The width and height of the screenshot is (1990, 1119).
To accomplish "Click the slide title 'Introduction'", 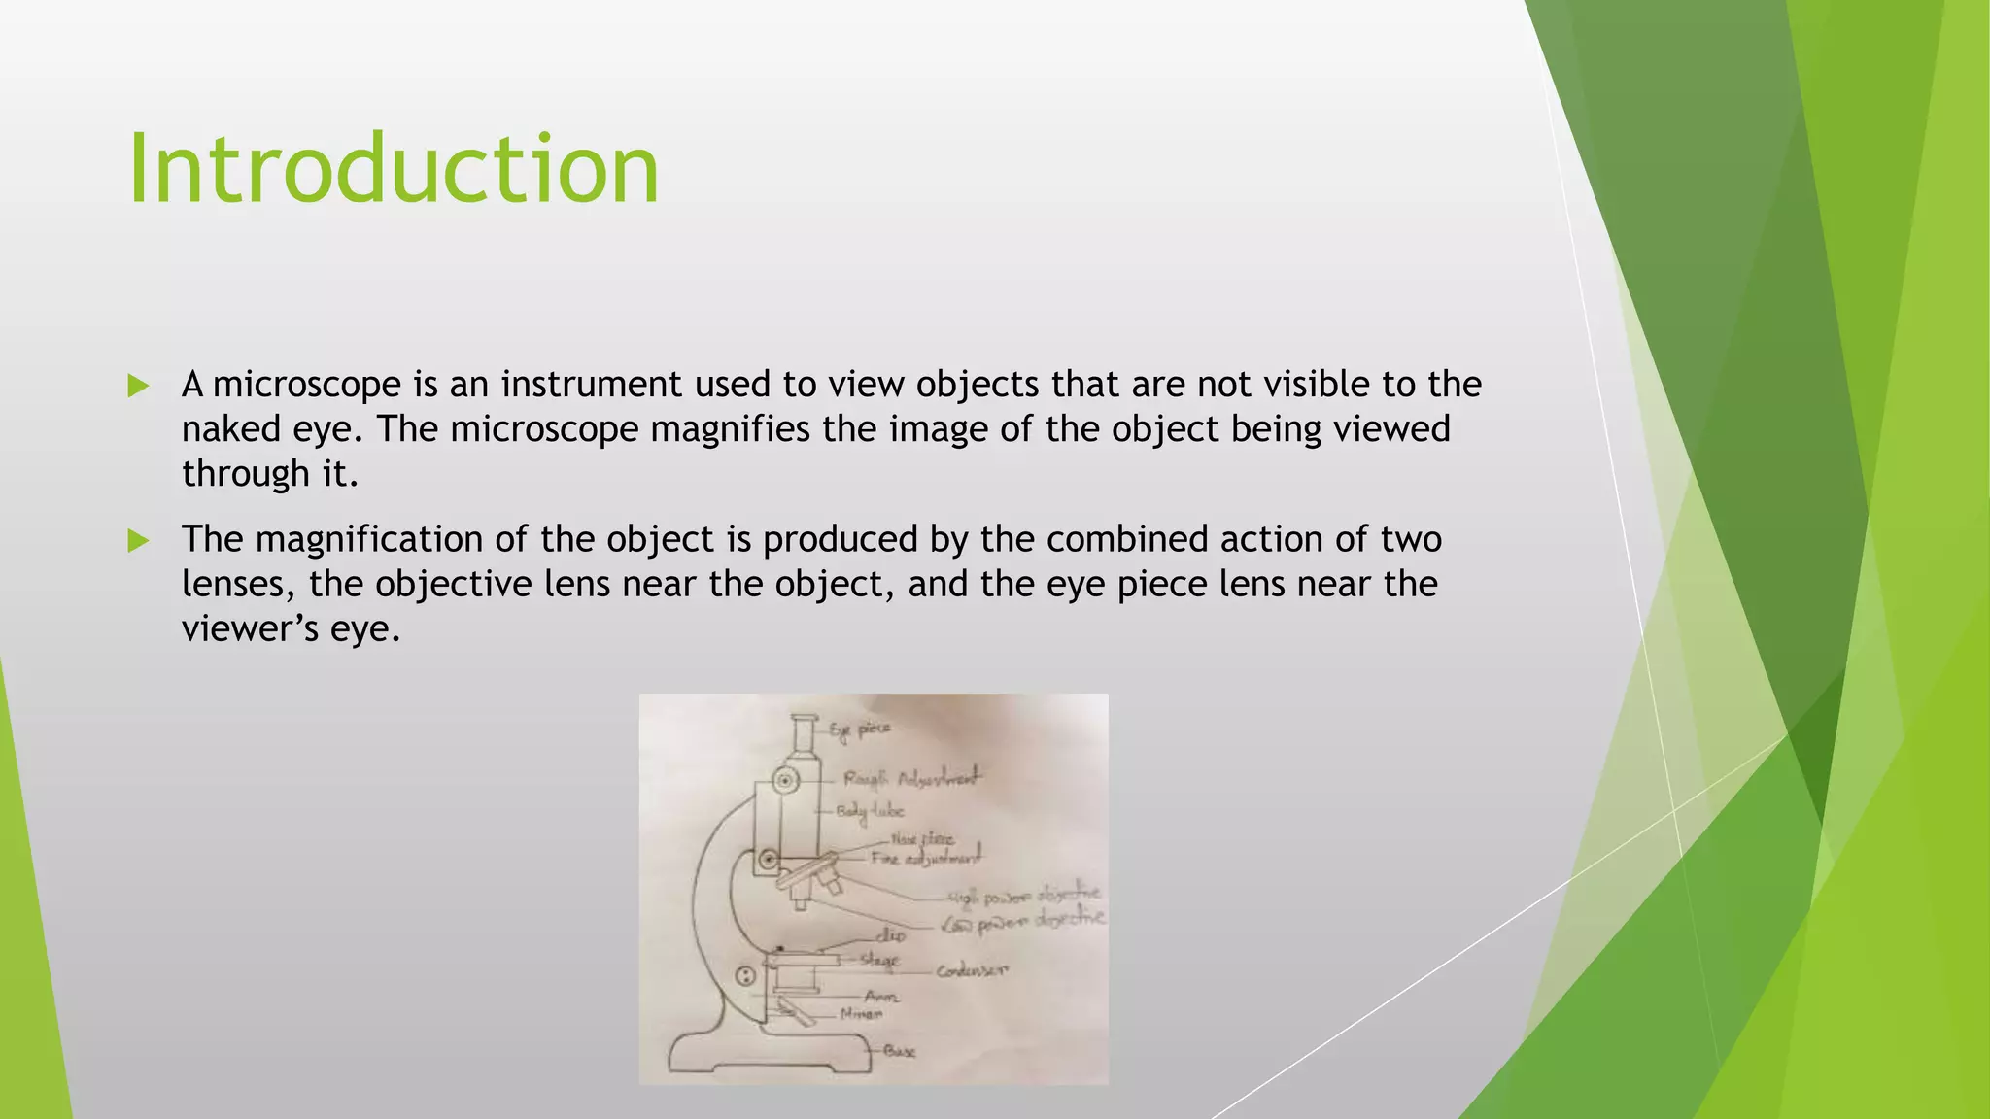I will point(394,170).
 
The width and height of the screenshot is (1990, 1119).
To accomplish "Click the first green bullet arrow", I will point(138,386).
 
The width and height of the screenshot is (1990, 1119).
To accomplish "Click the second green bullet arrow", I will point(138,540).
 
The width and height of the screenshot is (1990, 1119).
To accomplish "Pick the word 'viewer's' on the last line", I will point(250,628).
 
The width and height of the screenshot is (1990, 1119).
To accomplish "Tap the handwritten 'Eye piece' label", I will point(860,729).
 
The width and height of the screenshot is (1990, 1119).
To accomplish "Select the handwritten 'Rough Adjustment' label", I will point(911,778).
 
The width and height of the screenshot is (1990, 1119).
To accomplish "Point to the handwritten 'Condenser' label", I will point(973,970).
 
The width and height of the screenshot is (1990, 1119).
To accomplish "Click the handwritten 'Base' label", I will point(899,1051).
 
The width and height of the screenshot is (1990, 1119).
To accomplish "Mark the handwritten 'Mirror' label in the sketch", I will point(862,1014).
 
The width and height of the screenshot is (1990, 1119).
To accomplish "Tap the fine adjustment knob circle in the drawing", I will point(769,860).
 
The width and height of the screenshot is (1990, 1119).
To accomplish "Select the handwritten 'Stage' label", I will point(880,961).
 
